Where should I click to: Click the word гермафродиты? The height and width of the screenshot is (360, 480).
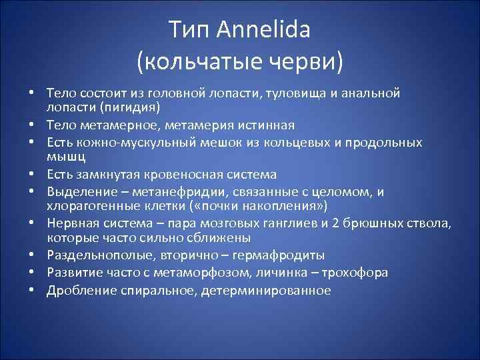tap(281, 256)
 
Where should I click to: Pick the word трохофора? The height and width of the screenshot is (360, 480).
tap(357, 273)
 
